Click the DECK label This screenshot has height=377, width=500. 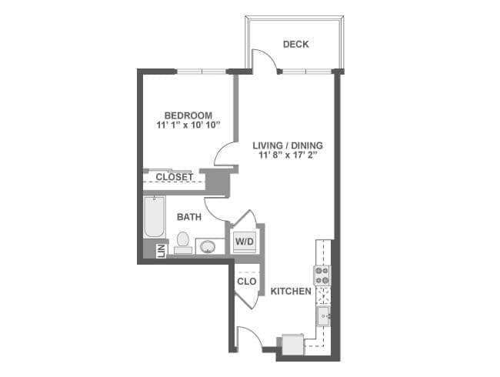click(x=295, y=44)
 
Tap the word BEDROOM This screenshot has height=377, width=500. click(x=188, y=115)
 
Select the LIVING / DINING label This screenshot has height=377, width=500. click(x=288, y=145)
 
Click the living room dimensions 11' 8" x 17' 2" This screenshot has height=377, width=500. click(x=288, y=155)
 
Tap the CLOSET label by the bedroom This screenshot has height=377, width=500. click(x=175, y=177)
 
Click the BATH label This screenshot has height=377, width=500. click(x=189, y=217)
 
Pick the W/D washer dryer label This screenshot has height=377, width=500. click(x=244, y=242)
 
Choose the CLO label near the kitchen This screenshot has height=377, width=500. click(x=246, y=282)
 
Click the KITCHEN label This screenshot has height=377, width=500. click(x=291, y=292)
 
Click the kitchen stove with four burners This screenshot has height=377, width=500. click(x=322, y=275)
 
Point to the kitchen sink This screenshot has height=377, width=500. click(x=324, y=315)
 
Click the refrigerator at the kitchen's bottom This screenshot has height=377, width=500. click(x=292, y=344)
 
